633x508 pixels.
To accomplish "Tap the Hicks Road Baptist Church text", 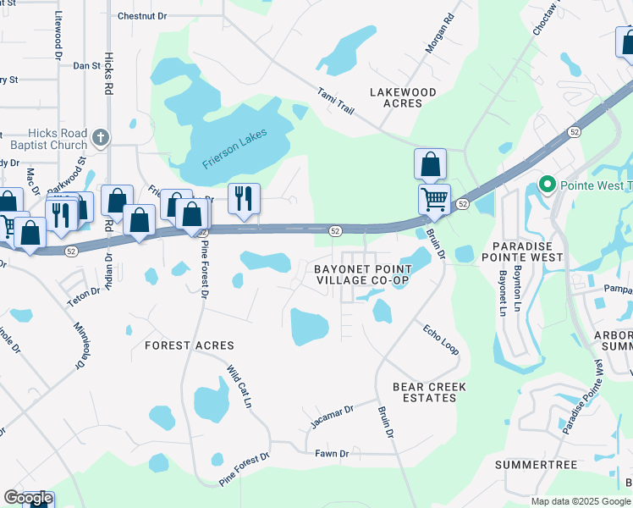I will (x=46, y=139).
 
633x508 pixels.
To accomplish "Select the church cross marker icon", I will (x=100, y=136).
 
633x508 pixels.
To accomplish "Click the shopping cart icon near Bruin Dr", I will (x=434, y=200).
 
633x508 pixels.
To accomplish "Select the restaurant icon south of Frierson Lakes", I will (x=244, y=198).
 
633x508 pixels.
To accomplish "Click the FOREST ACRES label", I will (x=189, y=345).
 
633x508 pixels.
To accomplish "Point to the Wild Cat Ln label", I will (x=239, y=387).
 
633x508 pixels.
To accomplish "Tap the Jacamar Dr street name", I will (x=331, y=416).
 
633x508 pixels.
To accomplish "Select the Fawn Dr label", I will (x=332, y=454).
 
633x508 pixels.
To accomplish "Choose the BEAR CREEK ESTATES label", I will (x=429, y=392).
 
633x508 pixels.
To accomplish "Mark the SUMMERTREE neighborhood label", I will (x=536, y=465).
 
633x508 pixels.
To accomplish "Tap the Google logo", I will (x=28, y=498).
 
